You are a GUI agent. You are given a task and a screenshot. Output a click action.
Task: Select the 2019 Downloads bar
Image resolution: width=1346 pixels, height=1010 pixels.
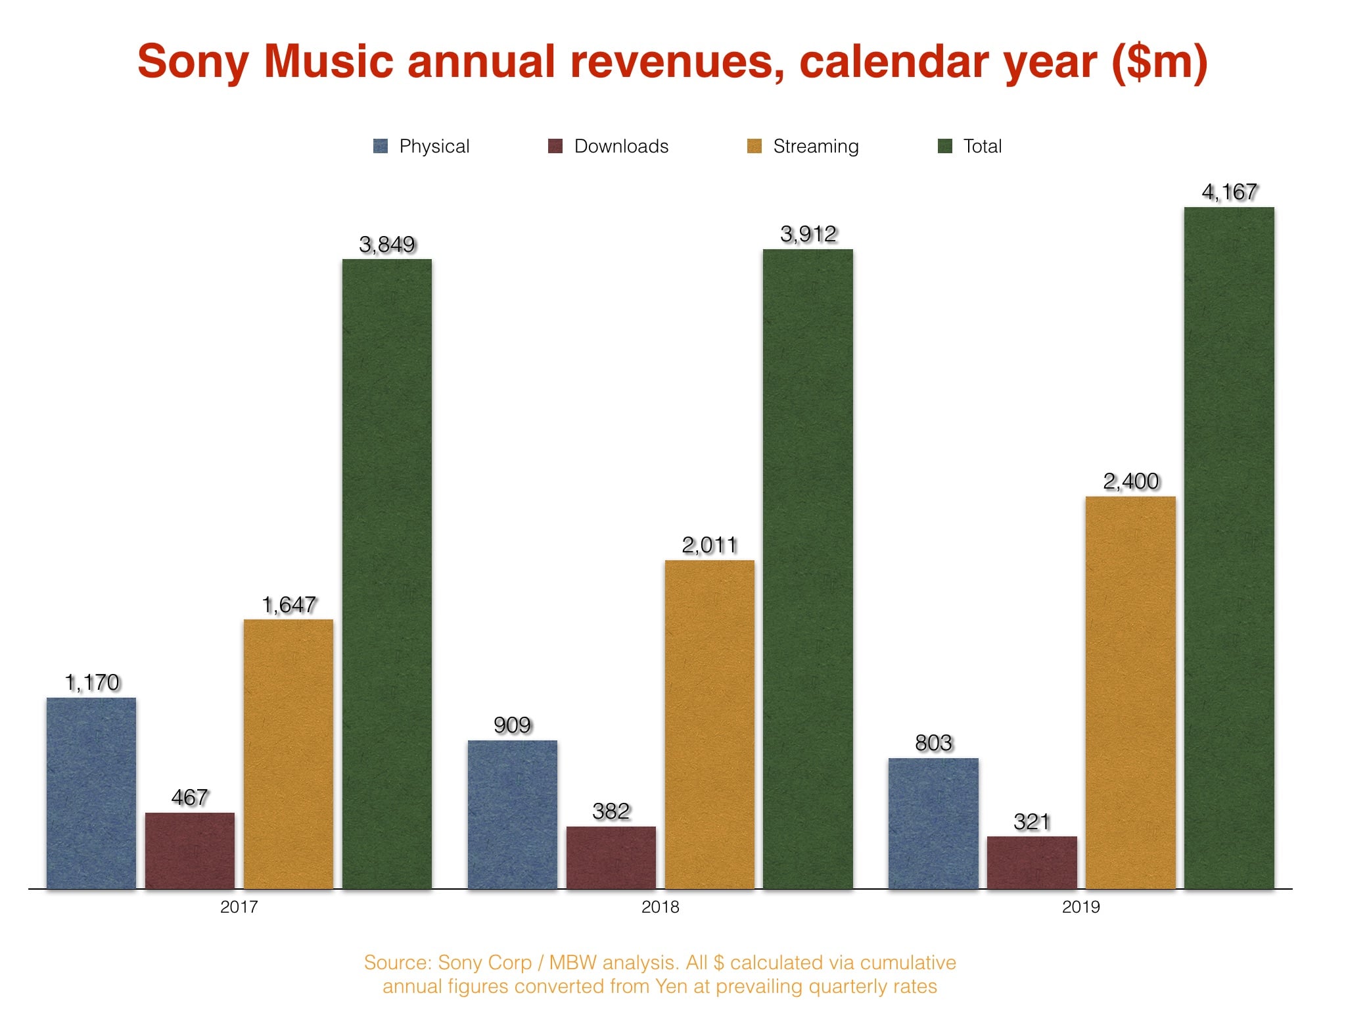(x=1032, y=862)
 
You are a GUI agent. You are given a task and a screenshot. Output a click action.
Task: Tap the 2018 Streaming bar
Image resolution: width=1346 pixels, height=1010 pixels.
(x=710, y=723)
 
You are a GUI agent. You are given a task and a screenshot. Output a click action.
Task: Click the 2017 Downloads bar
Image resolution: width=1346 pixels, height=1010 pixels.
(x=190, y=850)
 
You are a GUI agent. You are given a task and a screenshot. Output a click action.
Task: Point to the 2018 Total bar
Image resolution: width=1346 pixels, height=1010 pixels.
(x=808, y=569)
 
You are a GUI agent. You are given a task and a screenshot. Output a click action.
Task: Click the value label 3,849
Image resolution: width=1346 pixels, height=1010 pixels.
(x=386, y=245)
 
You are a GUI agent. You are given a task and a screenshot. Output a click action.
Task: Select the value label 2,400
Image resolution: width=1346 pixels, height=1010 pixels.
(x=1130, y=481)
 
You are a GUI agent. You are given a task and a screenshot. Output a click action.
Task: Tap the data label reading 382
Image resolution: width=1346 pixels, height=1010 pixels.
(x=611, y=811)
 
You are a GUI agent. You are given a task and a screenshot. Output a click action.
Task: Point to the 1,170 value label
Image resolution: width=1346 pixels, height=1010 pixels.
(x=92, y=683)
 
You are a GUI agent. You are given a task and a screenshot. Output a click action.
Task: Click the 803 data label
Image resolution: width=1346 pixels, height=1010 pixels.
(x=933, y=743)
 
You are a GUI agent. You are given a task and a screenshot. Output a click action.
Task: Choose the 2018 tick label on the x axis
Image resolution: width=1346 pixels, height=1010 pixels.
(x=660, y=907)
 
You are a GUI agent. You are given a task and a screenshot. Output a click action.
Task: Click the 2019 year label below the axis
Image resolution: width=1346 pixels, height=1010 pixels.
(x=1080, y=907)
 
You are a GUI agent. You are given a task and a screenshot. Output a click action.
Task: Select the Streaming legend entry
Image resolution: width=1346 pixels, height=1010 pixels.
(x=815, y=146)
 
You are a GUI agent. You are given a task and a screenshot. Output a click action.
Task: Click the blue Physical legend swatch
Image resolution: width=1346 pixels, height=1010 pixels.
(x=381, y=146)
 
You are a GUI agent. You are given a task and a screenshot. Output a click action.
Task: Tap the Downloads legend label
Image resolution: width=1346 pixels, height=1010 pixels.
(x=621, y=146)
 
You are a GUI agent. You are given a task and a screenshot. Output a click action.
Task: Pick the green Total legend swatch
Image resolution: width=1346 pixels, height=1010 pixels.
(x=944, y=146)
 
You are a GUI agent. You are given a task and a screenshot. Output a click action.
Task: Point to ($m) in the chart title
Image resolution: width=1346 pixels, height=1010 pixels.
(x=1159, y=62)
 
